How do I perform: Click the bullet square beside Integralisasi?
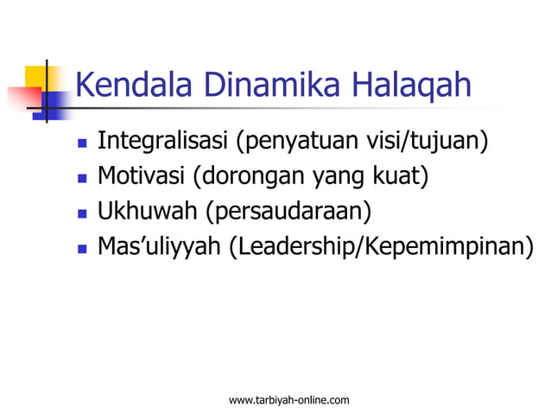(81, 142)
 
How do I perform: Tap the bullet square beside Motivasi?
(81, 179)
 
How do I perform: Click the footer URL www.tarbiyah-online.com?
(288, 399)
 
